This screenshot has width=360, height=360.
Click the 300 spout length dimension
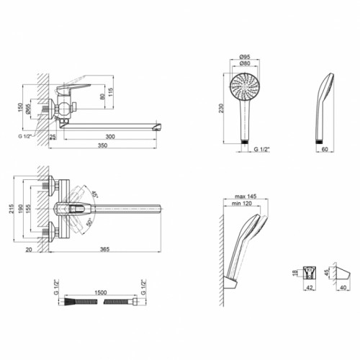click(x=110, y=137)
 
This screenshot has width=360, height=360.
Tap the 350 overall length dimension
click(x=102, y=145)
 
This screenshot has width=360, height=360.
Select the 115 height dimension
click(x=110, y=92)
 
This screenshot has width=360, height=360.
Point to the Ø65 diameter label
click(x=28, y=109)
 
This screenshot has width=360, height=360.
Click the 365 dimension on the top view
click(x=104, y=249)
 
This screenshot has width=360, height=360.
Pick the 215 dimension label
click(x=12, y=209)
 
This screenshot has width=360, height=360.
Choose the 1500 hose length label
click(x=101, y=292)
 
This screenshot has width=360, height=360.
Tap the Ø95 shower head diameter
click(x=245, y=57)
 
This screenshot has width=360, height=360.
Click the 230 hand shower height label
click(x=221, y=108)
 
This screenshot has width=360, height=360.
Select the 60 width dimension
click(x=325, y=149)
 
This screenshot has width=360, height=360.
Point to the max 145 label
click(x=246, y=197)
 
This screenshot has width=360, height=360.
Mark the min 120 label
click(x=242, y=204)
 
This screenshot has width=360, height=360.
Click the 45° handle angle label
click(x=95, y=194)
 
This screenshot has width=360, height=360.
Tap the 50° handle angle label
click(x=89, y=222)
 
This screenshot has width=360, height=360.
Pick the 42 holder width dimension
click(x=310, y=287)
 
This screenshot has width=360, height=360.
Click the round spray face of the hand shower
click(x=245, y=86)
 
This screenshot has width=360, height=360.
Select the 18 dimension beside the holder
click(x=295, y=273)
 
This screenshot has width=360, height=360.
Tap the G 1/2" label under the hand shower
click(x=262, y=149)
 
